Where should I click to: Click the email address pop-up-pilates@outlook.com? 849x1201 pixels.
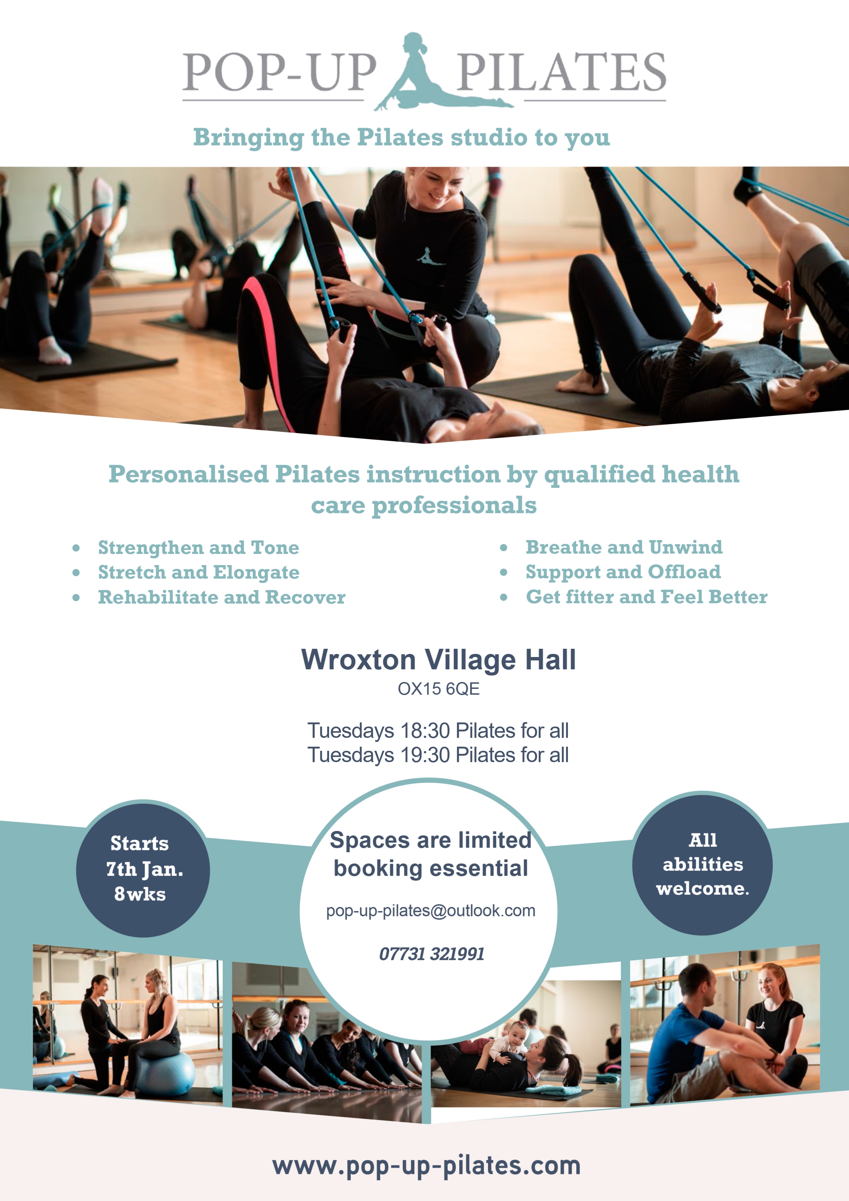pyautogui.click(x=431, y=911)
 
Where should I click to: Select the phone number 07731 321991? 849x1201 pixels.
pyautogui.click(x=432, y=953)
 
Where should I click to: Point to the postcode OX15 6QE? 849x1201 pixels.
pyautogui.click(x=438, y=689)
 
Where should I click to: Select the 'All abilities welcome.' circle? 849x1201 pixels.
pyautogui.click(x=702, y=864)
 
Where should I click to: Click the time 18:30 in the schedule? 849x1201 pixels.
pyautogui.click(x=425, y=731)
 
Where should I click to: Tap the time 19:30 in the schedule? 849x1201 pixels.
pyautogui.click(x=425, y=755)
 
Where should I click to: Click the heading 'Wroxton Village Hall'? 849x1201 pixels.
pyautogui.click(x=438, y=660)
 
